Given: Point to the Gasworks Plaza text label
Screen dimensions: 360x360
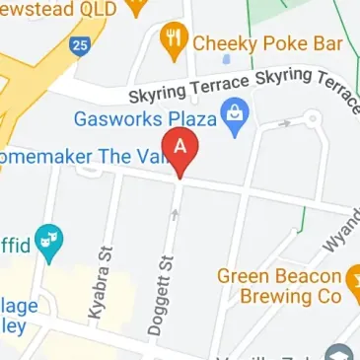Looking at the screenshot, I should [x=144, y=118].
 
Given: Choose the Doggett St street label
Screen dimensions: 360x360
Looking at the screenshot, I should [x=158, y=292].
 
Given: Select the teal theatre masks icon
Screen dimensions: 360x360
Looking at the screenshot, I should [x=48, y=239].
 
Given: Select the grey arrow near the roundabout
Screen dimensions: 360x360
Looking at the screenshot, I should [x=285, y=124].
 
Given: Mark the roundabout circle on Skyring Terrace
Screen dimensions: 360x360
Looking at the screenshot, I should [x=313, y=119].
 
